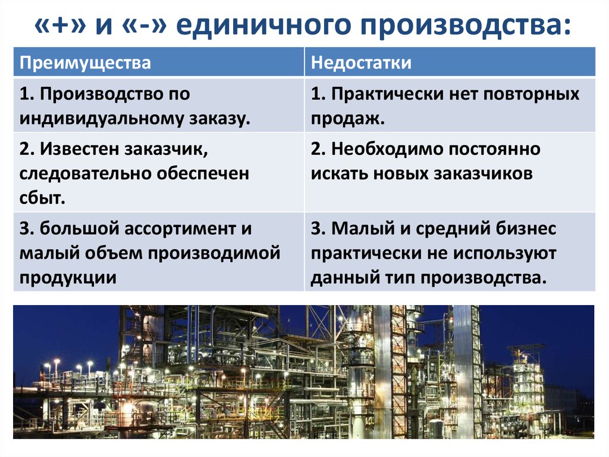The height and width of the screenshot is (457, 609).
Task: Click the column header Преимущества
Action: click(x=85, y=63)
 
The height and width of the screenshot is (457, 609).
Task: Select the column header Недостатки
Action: click(x=361, y=63)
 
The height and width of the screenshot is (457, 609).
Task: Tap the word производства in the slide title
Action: click(x=465, y=25)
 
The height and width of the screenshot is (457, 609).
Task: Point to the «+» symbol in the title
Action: click(x=60, y=25)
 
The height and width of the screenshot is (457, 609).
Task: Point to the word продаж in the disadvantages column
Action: click(x=346, y=119)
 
